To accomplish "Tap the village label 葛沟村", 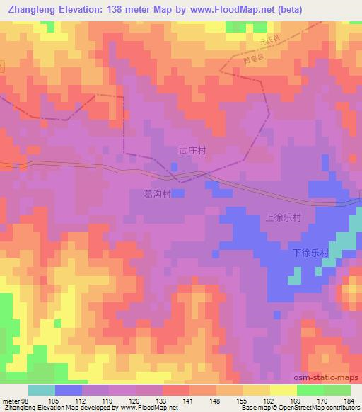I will [158, 192].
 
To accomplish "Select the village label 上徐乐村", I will [284, 219].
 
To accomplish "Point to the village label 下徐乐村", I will [310, 253].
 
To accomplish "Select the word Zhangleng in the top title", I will [30, 10].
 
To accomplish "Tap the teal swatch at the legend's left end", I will [42, 390].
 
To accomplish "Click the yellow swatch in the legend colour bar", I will [283, 390].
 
